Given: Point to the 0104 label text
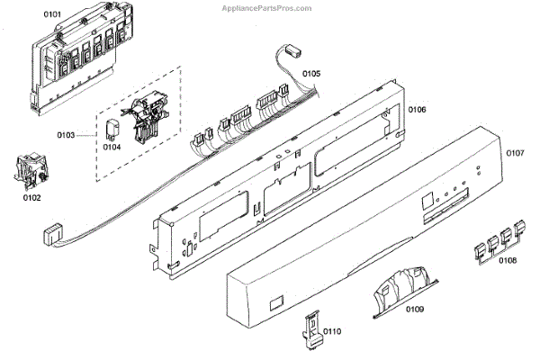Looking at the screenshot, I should pyautogui.click(x=112, y=146).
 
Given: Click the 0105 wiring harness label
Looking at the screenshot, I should pyautogui.click(x=310, y=72).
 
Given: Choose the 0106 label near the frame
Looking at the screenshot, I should pyautogui.click(x=418, y=109).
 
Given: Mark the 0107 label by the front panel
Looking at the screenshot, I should pyautogui.click(x=514, y=153).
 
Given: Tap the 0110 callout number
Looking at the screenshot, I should pyautogui.click(x=332, y=332).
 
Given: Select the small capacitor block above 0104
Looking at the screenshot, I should pyautogui.click(x=112, y=126).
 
